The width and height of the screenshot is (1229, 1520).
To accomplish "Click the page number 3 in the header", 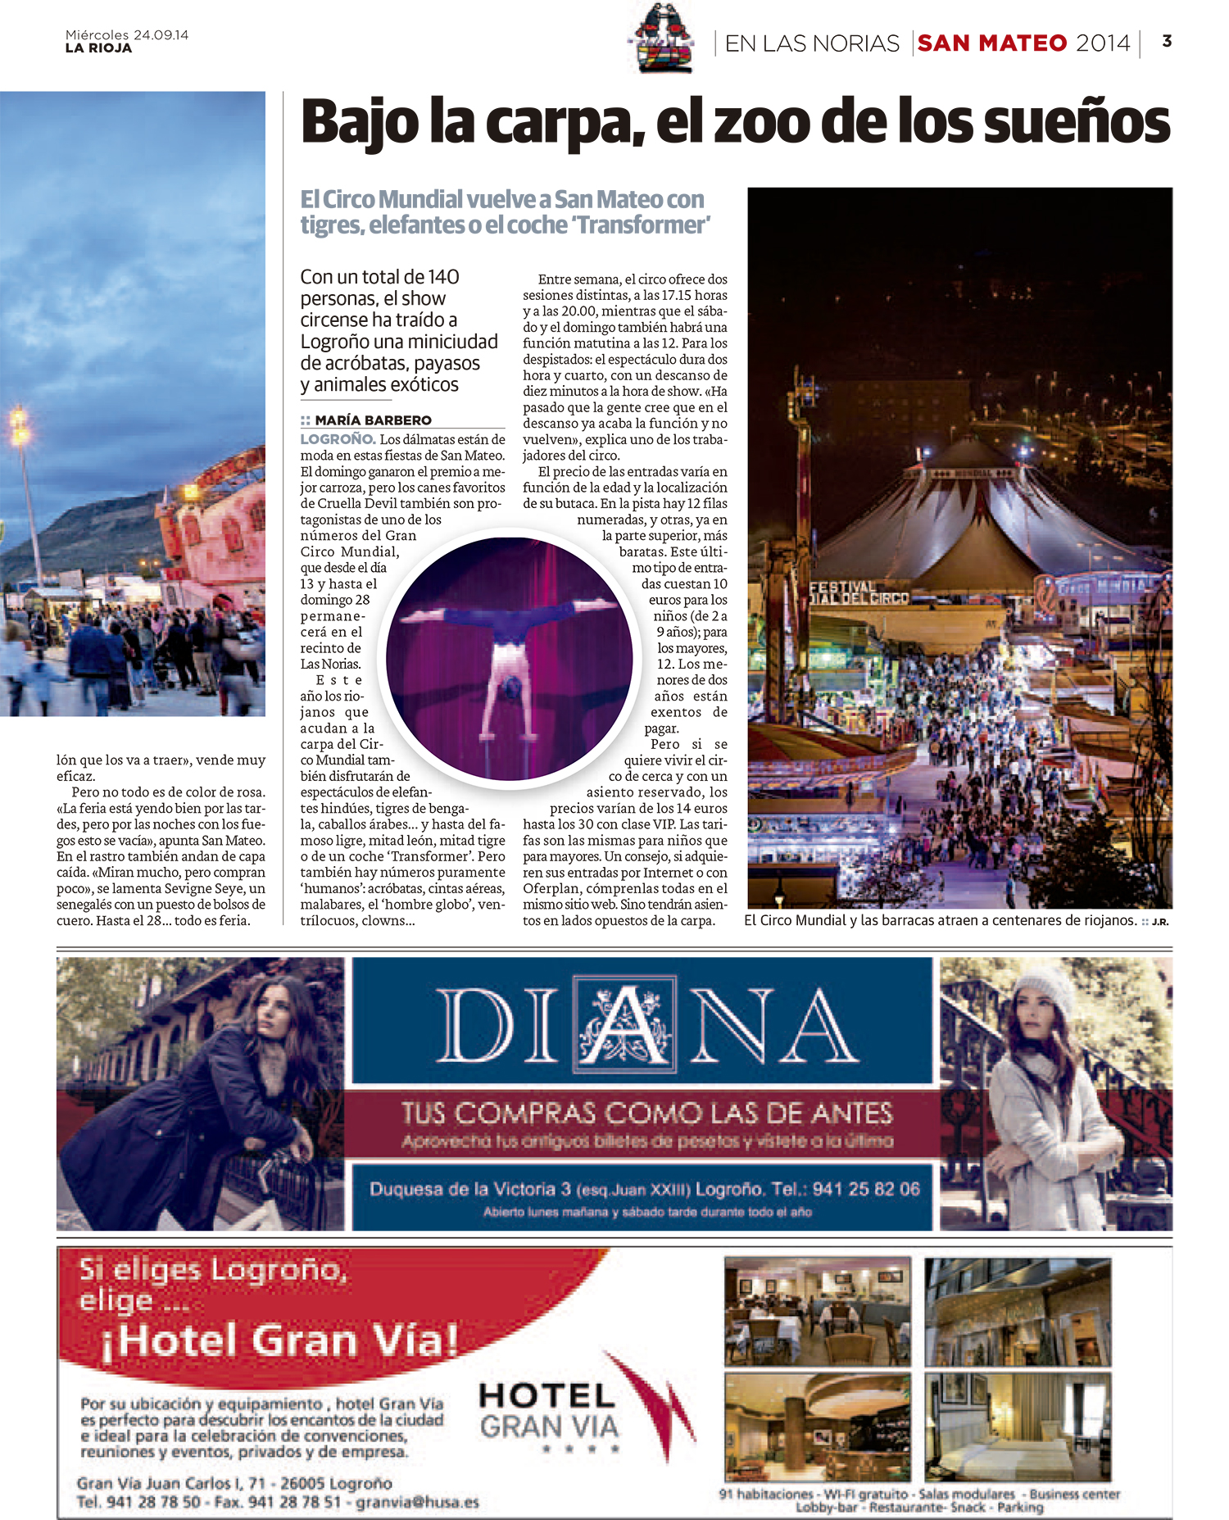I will (1167, 41).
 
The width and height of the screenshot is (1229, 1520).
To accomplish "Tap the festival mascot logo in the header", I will (661, 39).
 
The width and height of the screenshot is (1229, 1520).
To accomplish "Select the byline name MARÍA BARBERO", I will (373, 420).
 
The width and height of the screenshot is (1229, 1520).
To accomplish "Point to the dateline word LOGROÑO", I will (338, 439).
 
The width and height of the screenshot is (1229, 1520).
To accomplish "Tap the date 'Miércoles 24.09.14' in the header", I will (127, 35).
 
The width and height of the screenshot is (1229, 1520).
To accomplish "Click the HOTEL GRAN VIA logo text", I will (548, 1411).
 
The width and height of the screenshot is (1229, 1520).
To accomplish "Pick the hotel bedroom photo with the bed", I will (1018, 1427).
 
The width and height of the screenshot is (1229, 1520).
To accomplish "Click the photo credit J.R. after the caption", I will (1160, 922).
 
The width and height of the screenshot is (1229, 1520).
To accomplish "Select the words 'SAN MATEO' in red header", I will (991, 43).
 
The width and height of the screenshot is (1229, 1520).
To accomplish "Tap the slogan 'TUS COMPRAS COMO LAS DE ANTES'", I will (646, 1113).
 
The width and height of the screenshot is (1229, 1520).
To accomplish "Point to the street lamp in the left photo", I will (20, 425).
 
